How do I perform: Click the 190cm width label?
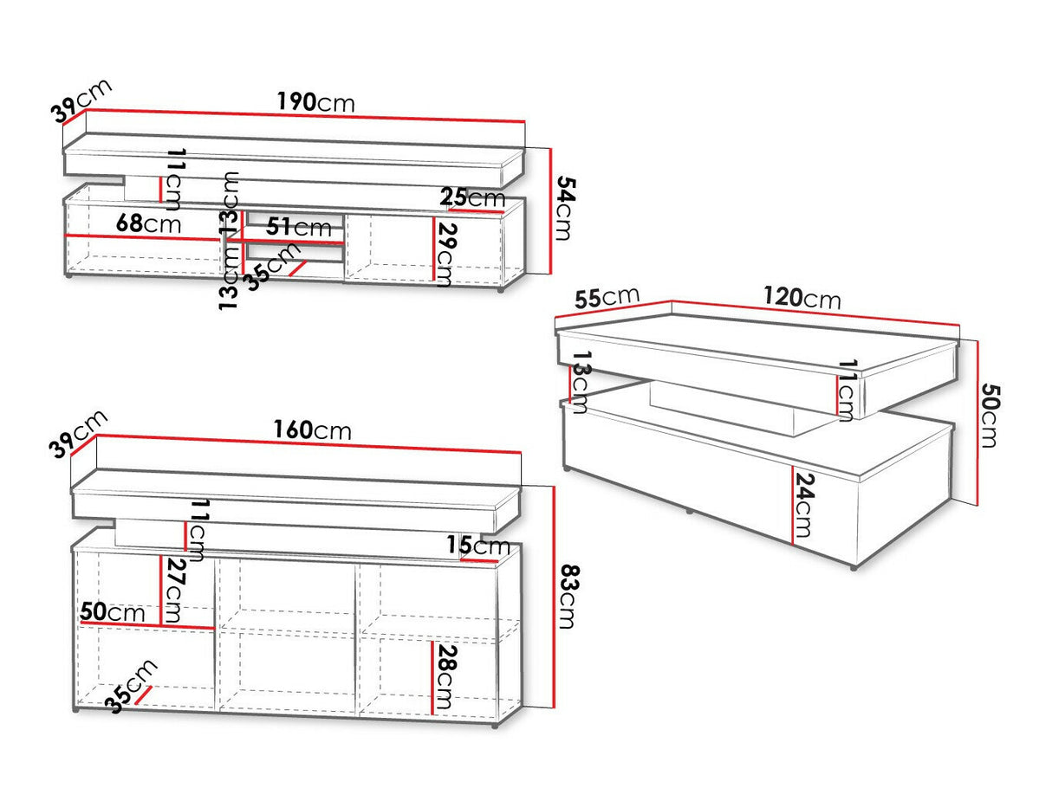[315, 102]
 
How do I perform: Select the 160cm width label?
[313, 430]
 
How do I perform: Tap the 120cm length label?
[802, 298]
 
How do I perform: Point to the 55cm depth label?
[607, 298]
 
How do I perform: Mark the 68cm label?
[148, 223]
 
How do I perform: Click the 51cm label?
[299, 227]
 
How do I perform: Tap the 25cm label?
[472, 197]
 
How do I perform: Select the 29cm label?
[445, 255]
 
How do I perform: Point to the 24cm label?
[805, 505]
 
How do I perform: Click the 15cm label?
[477, 546]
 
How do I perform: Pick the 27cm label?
[174, 591]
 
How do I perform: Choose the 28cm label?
[445, 677]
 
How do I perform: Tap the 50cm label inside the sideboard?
[113, 612]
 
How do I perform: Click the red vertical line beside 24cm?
[792, 505]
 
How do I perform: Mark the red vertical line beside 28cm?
[432, 677]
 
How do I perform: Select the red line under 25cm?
[477, 210]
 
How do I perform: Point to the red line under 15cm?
[479, 560]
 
